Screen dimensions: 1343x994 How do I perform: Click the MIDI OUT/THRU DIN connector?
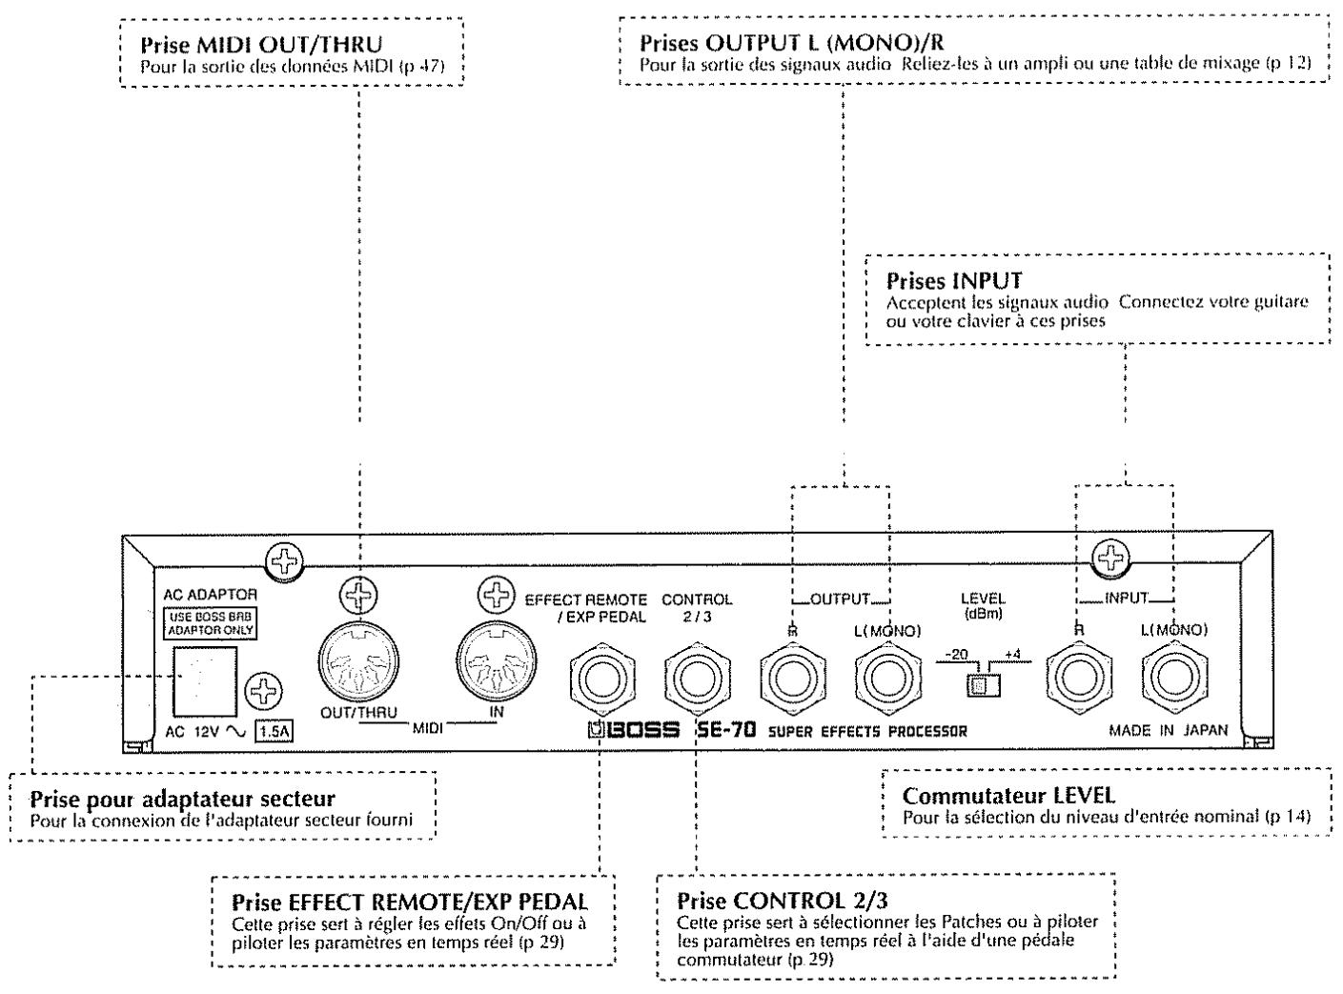[x=358, y=662]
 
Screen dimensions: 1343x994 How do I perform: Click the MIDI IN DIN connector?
[x=496, y=661]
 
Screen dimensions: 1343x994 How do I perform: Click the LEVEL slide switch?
[x=983, y=685]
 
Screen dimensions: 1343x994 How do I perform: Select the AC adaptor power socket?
[x=205, y=681]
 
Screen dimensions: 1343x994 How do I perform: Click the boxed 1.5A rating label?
[x=275, y=731]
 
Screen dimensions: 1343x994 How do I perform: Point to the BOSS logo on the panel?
[x=634, y=729]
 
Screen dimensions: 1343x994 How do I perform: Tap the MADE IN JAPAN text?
[x=1168, y=730]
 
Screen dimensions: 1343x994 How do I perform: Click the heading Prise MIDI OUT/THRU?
[x=261, y=45]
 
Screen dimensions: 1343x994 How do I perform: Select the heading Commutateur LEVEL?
[x=1008, y=796]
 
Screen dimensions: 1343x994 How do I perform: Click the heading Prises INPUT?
[x=954, y=281]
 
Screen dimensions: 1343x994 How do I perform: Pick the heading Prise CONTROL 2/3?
[x=783, y=901]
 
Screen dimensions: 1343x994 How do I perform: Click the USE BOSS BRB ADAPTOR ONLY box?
[x=210, y=623]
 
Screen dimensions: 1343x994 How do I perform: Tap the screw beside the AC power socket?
[x=263, y=691]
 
